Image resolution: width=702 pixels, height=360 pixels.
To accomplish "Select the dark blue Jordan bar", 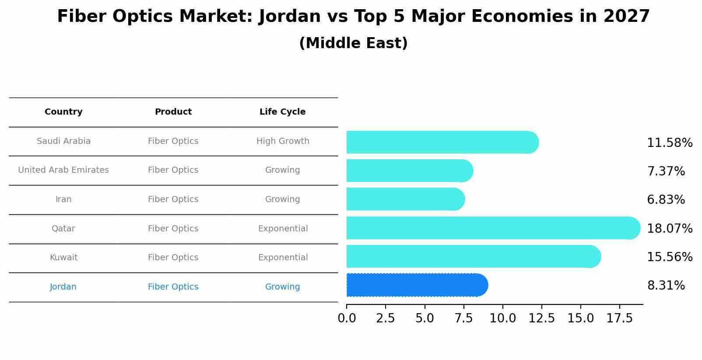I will tap(416, 285).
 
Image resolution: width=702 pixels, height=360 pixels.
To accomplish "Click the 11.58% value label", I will tap(670, 143).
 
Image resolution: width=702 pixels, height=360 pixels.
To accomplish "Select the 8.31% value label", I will tap(666, 286).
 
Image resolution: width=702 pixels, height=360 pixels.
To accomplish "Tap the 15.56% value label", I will tap(670, 257).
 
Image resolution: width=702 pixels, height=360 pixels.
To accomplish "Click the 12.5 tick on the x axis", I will tap(541, 318).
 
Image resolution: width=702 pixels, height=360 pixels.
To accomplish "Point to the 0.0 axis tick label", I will tap(347, 318).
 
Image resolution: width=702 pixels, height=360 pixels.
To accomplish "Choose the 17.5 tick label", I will tap(620, 318).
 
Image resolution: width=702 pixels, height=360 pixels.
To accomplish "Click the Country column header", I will tap(63, 112).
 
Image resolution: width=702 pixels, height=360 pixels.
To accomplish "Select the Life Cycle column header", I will tap(282, 112).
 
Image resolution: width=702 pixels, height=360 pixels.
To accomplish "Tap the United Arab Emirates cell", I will tap(63, 170).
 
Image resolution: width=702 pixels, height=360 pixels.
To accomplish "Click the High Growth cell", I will tap(283, 141).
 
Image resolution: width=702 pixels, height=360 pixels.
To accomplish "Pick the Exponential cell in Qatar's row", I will tap(283, 229).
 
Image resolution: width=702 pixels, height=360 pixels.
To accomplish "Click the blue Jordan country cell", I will tap(63, 287).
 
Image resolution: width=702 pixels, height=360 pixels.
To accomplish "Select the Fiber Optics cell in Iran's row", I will tap(173, 199).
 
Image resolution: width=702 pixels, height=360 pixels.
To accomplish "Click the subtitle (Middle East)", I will tap(353, 43).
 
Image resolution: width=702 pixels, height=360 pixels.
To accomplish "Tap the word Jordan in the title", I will tap(289, 17).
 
